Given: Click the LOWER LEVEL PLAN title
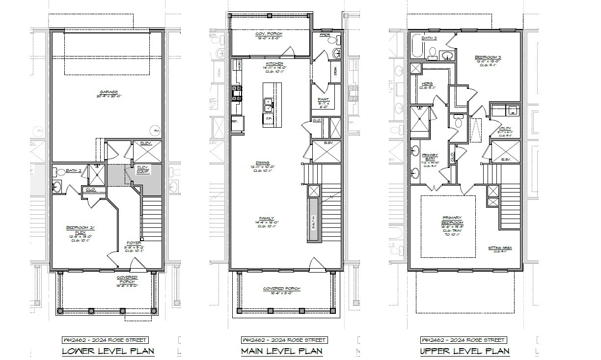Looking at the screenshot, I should pos(108,351).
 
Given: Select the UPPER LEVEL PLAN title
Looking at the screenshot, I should pos(464,351).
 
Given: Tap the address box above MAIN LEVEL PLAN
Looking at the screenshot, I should pos(281,340).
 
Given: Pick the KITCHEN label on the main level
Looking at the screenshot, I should pos(274,64).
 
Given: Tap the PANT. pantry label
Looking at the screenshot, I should pos(324,99).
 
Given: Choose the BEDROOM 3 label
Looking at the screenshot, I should pos(488,57).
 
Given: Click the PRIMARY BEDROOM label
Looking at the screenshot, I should pos(452,220).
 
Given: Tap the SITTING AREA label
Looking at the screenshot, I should pos(500,248).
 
